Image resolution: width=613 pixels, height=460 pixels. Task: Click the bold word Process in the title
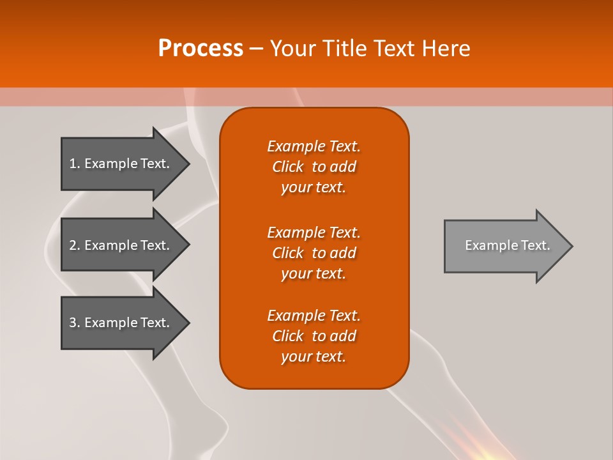tap(201, 49)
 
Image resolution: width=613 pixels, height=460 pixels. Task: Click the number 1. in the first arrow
tap(75, 164)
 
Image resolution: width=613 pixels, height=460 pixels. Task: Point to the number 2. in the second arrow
tap(75, 245)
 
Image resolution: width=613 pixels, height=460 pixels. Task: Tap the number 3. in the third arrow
tap(75, 323)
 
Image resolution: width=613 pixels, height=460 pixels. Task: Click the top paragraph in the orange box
tap(314, 167)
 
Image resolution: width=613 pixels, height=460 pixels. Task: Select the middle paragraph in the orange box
tap(314, 253)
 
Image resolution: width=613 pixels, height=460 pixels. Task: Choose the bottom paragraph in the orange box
tap(314, 336)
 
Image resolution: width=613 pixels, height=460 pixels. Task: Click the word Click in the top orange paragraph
tap(288, 167)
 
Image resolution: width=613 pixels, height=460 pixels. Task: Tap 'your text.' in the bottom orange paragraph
tap(314, 357)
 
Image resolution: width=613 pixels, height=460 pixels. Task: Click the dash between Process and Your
tap(256, 49)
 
